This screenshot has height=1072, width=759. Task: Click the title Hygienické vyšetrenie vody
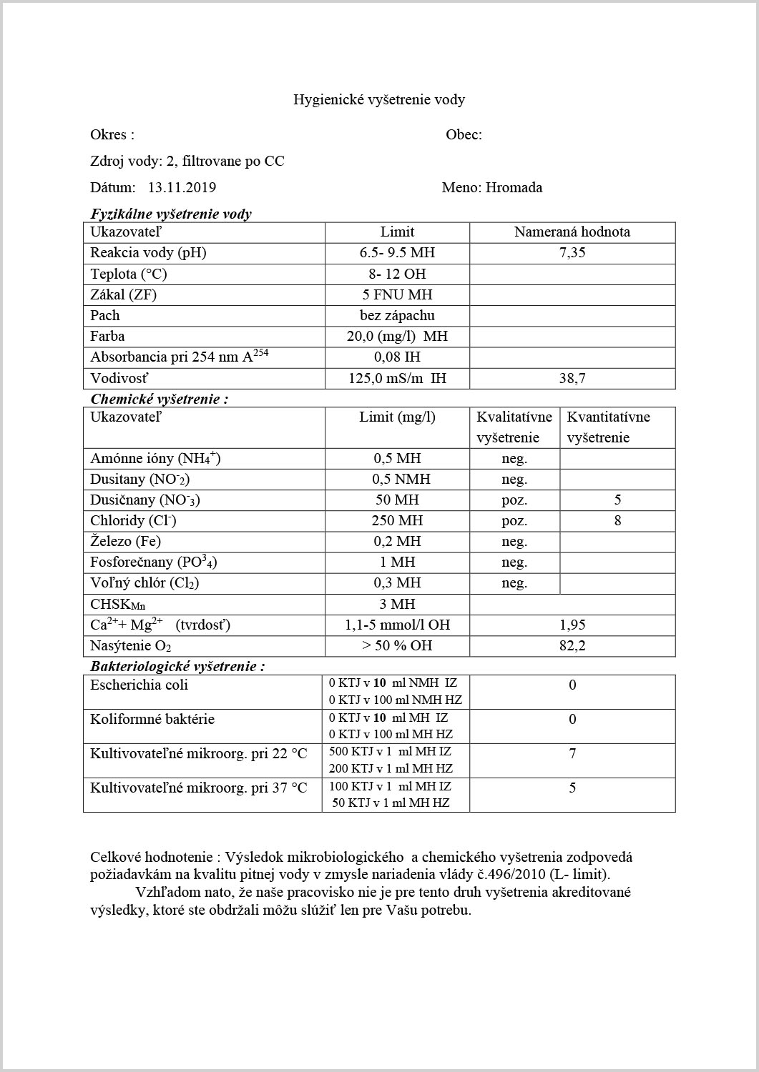(379, 99)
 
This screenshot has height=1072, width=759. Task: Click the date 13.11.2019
(182, 188)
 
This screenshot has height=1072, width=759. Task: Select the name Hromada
(514, 188)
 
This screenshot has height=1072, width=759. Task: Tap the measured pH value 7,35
(572, 253)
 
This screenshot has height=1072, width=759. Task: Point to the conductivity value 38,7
(572, 379)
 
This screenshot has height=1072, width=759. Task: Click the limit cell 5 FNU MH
(397, 294)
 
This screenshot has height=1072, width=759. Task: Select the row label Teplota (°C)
(129, 274)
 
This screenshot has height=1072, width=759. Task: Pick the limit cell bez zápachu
(397, 315)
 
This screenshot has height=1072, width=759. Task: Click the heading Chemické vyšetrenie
(159, 399)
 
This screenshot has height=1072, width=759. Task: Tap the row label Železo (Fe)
(125, 541)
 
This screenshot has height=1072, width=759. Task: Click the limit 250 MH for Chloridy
(397, 520)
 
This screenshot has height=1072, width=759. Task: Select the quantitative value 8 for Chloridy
(617, 520)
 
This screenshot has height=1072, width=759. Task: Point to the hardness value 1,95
(572, 625)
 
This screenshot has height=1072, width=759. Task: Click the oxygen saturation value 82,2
(572, 645)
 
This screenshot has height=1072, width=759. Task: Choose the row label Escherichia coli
(139, 685)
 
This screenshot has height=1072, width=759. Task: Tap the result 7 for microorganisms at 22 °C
(572, 753)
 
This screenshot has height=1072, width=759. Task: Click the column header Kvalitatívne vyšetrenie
(514, 427)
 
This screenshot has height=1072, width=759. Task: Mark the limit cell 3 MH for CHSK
(397, 604)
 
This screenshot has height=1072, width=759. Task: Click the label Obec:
(464, 135)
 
